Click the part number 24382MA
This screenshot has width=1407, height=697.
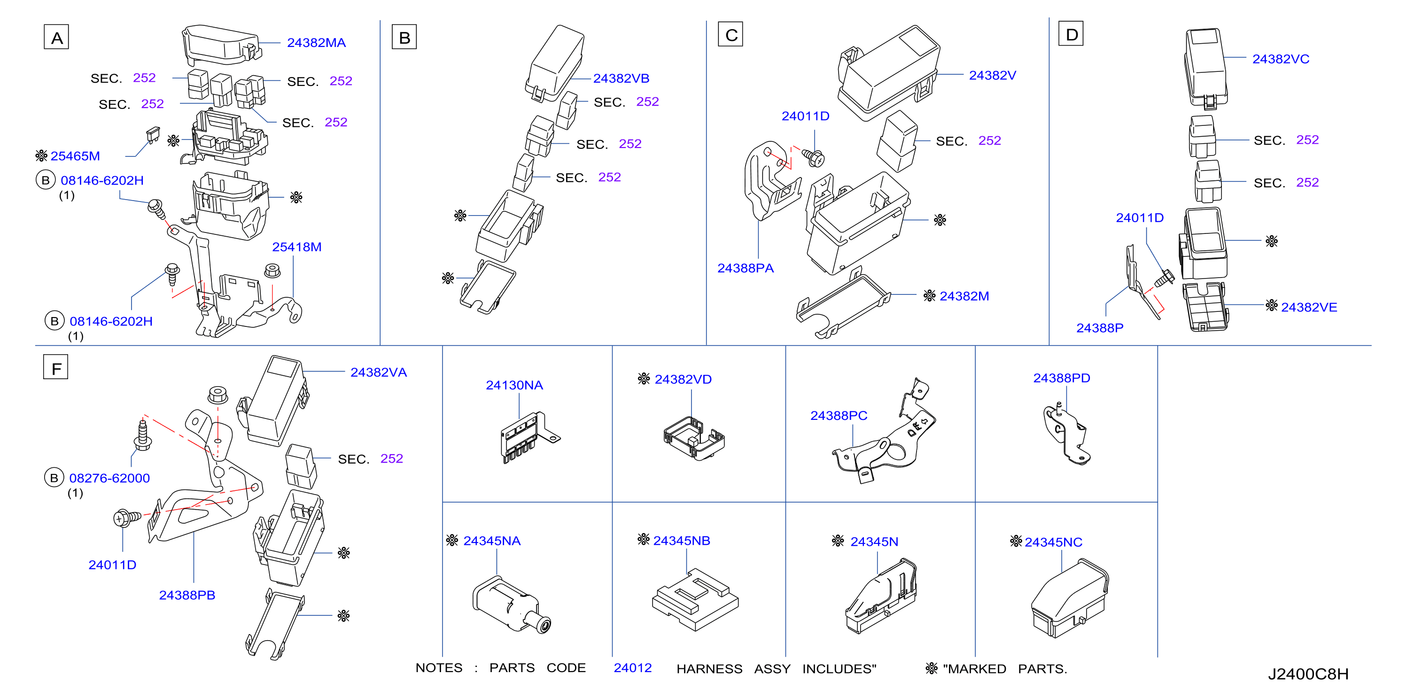316,43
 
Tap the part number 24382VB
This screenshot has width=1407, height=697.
621,78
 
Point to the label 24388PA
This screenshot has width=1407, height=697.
745,268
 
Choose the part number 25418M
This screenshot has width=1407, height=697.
296,247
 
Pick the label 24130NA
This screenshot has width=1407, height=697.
514,385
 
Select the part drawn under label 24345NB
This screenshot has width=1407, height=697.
695,599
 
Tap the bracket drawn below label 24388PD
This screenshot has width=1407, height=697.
1066,434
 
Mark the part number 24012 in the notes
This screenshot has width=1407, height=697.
632,668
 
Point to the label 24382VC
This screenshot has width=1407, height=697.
1280,59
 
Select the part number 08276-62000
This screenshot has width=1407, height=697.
109,478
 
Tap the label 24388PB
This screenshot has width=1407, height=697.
187,595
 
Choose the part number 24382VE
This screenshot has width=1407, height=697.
1309,307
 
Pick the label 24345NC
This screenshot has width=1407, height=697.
1053,542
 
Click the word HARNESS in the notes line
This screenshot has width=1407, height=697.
709,669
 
